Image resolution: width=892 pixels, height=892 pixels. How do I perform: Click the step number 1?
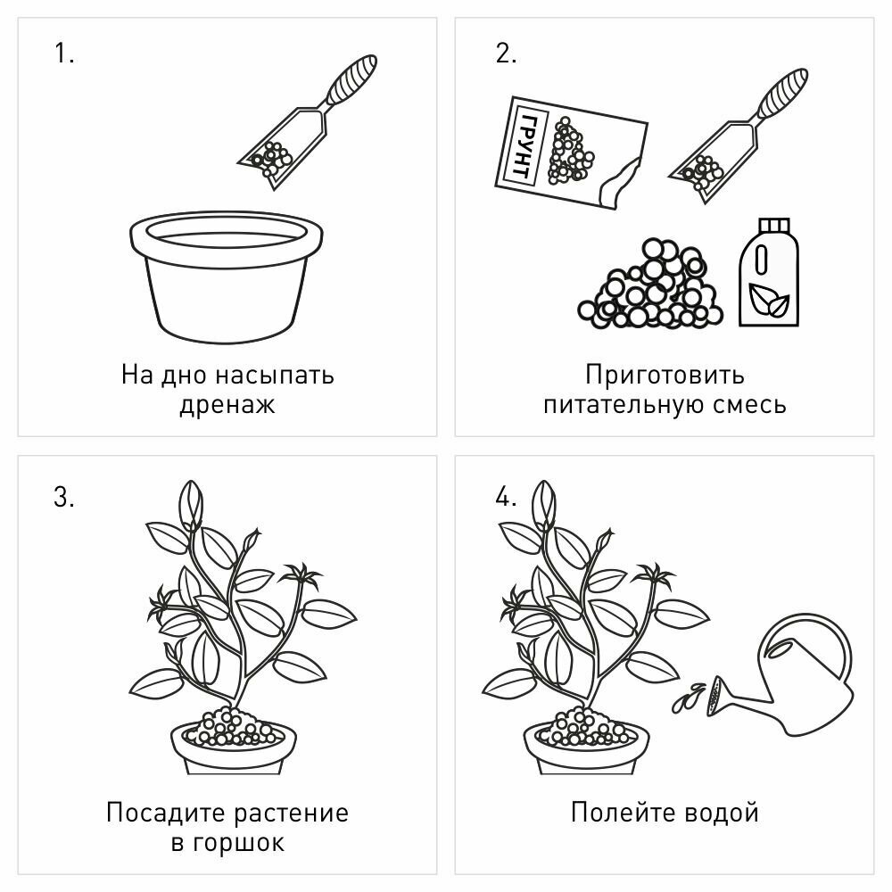pyautogui.click(x=63, y=54)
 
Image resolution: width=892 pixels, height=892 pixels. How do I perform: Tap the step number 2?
pyautogui.click(x=506, y=54)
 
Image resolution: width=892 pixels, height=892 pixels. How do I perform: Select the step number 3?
pyautogui.click(x=63, y=497)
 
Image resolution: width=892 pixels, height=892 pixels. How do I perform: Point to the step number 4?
pyautogui.click(x=506, y=497)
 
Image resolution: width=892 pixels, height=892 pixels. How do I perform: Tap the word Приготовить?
pyautogui.click(x=665, y=376)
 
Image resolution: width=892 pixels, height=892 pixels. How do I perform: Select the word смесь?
pyautogui.click(x=750, y=405)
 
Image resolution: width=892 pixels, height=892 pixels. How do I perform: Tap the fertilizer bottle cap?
pyautogui.click(x=773, y=226)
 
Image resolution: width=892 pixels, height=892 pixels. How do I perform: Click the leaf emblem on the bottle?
pyautogui.click(x=769, y=300)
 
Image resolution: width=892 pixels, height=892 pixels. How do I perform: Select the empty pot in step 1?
pyautogui.click(x=226, y=277)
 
